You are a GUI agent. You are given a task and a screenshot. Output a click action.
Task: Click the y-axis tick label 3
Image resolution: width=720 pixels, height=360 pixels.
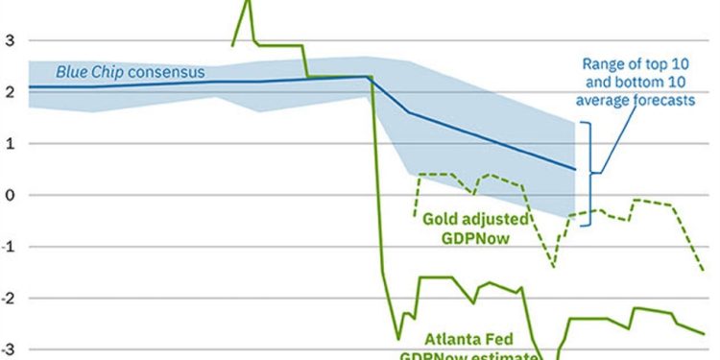tap(10, 41)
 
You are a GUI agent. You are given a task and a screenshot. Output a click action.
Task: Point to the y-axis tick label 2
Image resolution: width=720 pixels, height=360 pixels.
tap(10, 92)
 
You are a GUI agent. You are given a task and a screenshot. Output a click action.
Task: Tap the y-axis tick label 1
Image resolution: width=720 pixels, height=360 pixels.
tap(10, 144)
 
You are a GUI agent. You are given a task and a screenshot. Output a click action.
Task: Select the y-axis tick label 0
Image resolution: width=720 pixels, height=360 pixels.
tap(10, 195)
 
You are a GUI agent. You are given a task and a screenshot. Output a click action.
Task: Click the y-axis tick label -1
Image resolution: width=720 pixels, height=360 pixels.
tap(8, 247)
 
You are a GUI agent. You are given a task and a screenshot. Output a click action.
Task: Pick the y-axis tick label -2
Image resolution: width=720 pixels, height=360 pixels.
tap(8, 299)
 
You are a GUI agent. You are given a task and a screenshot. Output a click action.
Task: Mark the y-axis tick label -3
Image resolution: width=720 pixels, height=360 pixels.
tap(8, 349)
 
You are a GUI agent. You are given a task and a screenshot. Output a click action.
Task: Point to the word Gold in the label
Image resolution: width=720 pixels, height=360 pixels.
tap(443, 219)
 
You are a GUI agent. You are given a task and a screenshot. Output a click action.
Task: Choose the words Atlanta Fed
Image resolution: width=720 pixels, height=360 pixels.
tap(469, 339)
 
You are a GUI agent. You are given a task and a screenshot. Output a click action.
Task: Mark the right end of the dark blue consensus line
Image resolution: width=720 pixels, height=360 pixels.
tap(575, 169)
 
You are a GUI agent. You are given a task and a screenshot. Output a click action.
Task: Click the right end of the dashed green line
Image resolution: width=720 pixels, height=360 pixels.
tap(704, 271)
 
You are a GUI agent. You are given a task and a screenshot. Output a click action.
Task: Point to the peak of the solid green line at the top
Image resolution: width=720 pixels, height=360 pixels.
tap(250, 2)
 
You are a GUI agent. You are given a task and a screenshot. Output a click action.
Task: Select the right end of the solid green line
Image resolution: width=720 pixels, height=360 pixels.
tap(704, 333)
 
